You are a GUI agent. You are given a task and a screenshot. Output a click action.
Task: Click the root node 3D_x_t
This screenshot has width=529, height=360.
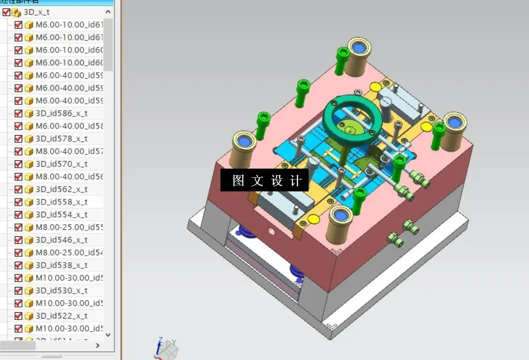[x=36, y=12]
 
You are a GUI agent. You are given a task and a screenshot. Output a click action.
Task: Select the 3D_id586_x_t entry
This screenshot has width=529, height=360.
[x=61, y=113]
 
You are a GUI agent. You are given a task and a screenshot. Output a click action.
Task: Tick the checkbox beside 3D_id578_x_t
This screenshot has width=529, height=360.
[x=19, y=139]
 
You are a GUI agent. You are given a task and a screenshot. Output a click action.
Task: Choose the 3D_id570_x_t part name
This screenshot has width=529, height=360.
[x=61, y=164]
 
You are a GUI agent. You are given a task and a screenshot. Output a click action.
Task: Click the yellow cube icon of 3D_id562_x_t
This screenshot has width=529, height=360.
[x=29, y=189]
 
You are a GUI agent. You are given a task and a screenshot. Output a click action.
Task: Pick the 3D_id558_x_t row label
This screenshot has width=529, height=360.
[x=61, y=202]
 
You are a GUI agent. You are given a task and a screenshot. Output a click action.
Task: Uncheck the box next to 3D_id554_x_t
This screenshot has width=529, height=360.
[x=19, y=215]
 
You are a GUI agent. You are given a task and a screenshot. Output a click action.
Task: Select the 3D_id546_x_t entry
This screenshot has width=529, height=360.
[x=61, y=240]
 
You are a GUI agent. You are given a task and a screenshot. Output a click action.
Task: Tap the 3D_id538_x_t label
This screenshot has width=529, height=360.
[x=61, y=265]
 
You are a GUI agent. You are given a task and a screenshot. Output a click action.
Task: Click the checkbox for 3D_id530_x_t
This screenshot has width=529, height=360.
[x=19, y=291]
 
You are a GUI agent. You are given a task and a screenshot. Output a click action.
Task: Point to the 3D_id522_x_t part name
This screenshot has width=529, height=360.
[x=61, y=316]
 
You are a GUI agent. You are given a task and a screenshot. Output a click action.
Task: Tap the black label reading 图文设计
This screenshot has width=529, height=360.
[x=264, y=180]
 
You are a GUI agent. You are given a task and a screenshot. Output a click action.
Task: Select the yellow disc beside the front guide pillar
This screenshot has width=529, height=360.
[x=314, y=219]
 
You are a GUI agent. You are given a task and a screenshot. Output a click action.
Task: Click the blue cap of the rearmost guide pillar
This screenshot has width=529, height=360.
[x=359, y=48]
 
